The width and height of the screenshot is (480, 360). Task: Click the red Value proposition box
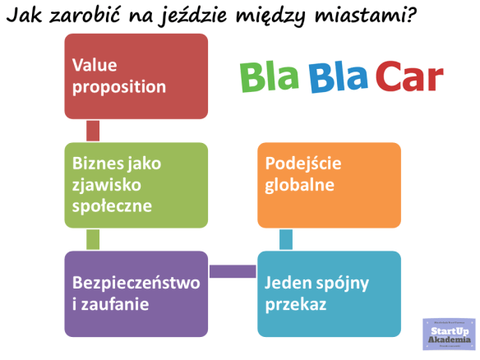coord(136,76)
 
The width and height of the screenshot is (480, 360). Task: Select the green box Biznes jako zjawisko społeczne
coord(136,185)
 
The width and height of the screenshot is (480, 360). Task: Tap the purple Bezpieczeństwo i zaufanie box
coord(136,293)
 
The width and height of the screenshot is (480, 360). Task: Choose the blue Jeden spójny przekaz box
coord(329,293)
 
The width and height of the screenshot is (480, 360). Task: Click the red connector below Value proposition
coord(93,131)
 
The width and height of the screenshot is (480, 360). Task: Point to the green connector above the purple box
coord(93,239)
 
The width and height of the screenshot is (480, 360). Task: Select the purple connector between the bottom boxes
coord(233,271)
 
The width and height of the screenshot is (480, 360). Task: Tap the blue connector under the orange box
coord(286,239)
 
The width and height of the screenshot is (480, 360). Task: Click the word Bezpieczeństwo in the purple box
coord(136,284)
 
